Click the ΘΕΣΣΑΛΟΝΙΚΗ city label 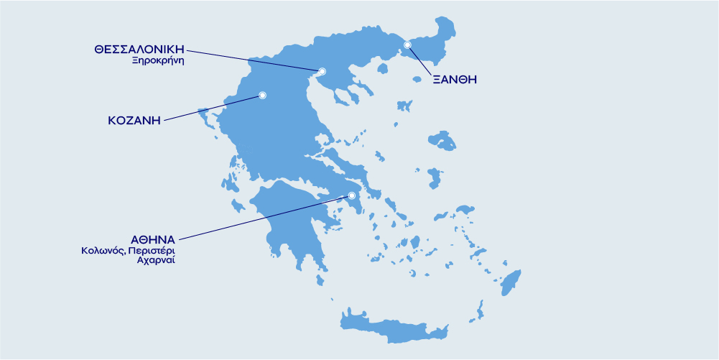pos(139,49)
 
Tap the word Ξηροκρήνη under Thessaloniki pos(158,61)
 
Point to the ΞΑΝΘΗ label pos(455,80)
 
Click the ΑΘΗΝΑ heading pos(152,239)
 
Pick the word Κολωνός pos(102,251)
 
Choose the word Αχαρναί pos(156,261)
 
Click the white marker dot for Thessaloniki pos(322,71)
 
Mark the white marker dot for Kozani pos(262,95)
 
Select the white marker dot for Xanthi pos(407,45)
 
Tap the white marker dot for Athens pos(352,195)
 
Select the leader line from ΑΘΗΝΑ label pos(266,216)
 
